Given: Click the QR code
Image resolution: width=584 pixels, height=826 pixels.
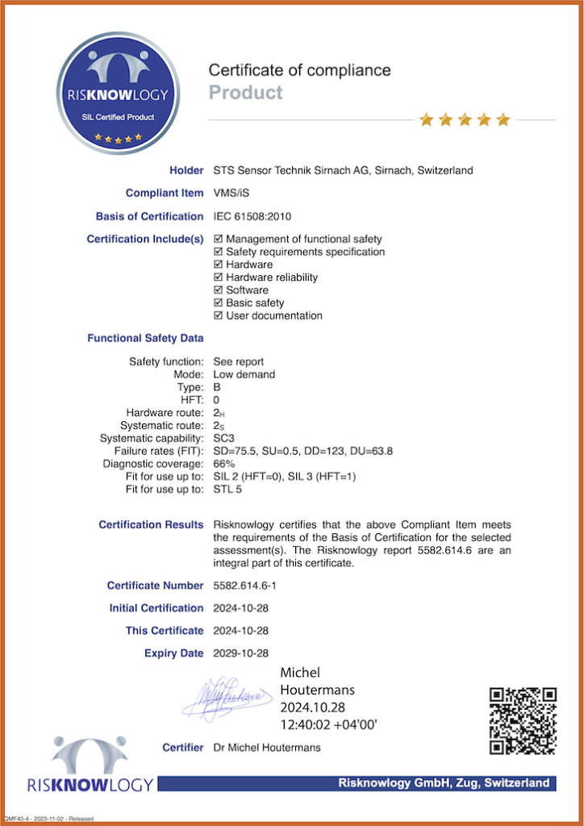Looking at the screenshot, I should [x=524, y=721].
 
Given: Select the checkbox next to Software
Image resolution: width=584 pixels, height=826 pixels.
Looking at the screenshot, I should [x=219, y=290].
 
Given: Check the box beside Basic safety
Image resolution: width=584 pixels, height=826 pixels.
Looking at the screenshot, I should [x=219, y=303].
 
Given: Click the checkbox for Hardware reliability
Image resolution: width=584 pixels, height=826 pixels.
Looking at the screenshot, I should [x=219, y=277].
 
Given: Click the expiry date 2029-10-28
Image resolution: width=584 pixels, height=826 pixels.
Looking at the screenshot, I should [x=240, y=653].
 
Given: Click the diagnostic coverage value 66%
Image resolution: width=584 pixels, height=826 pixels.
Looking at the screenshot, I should [x=223, y=464].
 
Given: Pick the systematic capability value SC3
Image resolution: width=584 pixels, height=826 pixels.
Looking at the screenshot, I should [x=224, y=438].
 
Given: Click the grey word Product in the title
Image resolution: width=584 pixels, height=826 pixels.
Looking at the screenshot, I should [x=245, y=93].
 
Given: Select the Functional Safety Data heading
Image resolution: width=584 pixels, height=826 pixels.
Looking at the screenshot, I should [x=145, y=338].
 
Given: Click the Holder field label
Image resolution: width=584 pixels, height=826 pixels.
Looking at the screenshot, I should [x=186, y=170].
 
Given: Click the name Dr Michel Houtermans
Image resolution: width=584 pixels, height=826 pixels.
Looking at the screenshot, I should [x=266, y=748].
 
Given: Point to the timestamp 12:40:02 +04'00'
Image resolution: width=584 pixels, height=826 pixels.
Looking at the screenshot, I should [x=328, y=725].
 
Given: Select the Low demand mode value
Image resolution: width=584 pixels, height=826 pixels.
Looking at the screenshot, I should [x=244, y=374].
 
